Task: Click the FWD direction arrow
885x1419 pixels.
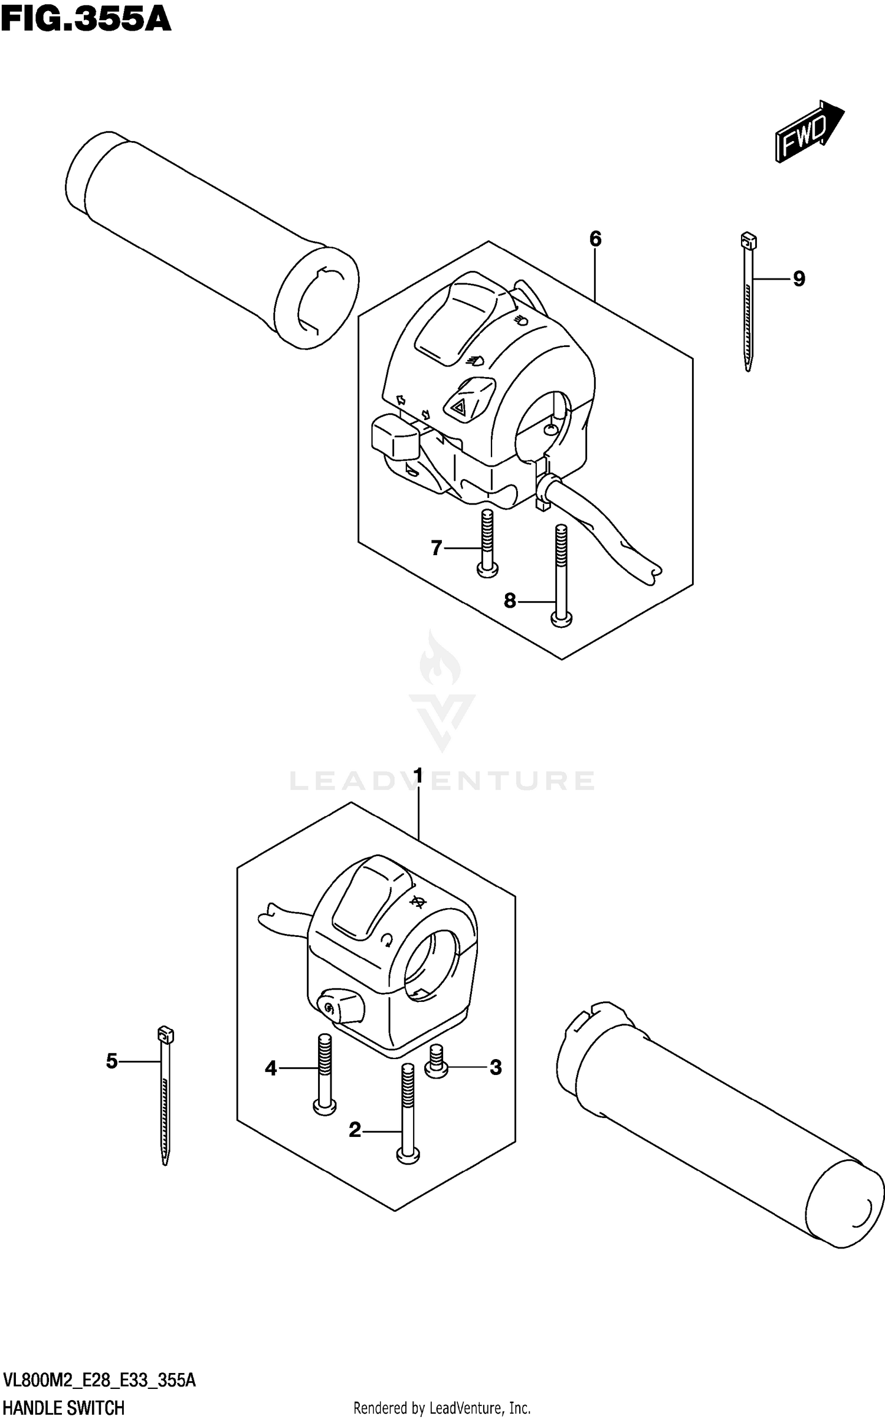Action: (x=809, y=132)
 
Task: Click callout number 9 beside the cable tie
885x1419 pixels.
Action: (x=798, y=278)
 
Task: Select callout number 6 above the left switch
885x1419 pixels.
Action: (x=595, y=239)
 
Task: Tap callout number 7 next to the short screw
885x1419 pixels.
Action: (x=436, y=549)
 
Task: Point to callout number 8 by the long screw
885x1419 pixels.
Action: (x=510, y=601)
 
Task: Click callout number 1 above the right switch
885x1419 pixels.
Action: (x=418, y=775)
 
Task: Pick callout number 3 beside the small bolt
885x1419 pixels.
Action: (x=496, y=1067)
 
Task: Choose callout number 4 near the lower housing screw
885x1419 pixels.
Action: (x=271, y=1068)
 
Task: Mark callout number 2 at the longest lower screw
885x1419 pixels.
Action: (x=355, y=1130)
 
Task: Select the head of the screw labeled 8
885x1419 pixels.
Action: (x=561, y=619)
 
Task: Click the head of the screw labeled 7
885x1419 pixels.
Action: (x=487, y=569)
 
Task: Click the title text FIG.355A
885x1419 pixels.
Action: (x=86, y=19)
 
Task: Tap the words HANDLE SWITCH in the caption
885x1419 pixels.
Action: (x=64, y=1407)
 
